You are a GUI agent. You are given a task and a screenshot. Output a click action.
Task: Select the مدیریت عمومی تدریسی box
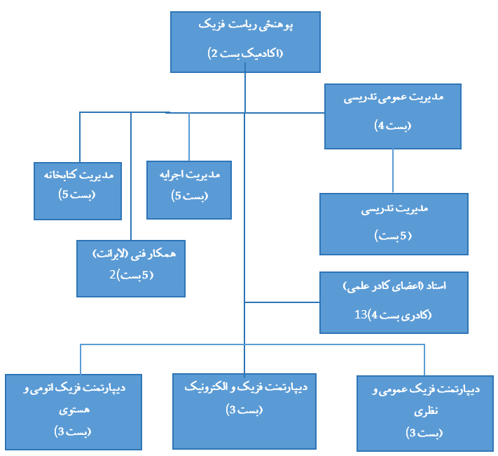(x=392, y=116)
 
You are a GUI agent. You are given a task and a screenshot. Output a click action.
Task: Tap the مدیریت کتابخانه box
(x=78, y=190)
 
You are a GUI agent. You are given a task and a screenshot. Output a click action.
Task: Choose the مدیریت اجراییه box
(x=189, y=189)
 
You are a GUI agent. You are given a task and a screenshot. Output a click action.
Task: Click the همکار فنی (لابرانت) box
(x=131, y=268)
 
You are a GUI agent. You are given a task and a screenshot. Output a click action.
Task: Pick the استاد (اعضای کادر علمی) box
(x=394, y=302)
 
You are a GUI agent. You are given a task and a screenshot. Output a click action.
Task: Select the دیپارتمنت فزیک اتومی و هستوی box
(x=74, y=412)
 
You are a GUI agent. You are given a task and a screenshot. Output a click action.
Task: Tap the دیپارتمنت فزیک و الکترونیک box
(x=244, y=410)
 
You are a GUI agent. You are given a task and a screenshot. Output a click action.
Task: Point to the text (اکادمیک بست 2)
(x=245, y=53)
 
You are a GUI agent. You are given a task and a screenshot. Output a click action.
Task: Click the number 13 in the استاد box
(x=361, y=315)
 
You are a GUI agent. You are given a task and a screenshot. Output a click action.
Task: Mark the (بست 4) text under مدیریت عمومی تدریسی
(x=392, y=126)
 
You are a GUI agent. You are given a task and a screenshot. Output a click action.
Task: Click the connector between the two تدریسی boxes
(x=392, y=171)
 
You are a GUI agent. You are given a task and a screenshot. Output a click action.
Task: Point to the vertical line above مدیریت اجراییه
(x=189, y=136)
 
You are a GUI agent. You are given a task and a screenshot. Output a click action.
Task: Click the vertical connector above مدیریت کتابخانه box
(x=79, y=137)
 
